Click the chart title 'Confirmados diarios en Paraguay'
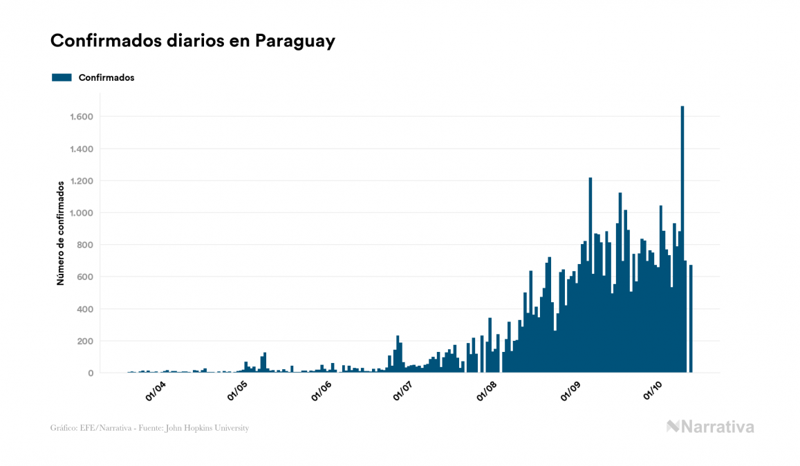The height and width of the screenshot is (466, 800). click(193, 41)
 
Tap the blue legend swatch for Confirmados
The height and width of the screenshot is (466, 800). click(62, 77)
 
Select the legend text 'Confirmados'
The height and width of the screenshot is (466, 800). click(106, 77)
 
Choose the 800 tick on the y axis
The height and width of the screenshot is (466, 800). click(84, 245)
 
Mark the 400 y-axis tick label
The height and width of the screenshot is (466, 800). click(84, 309)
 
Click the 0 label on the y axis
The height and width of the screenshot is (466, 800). click(90, 373)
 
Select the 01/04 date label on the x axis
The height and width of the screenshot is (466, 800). click(156, 391)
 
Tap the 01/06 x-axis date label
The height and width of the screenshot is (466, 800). click(322, 391)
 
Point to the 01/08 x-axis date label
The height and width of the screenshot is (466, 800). click(487, 391)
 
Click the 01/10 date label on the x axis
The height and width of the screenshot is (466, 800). click(653, 391)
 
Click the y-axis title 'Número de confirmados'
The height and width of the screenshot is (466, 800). click(60, 233)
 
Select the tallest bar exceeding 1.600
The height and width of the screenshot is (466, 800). click(682, 242)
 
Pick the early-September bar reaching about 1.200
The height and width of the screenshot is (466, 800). click(590, 277)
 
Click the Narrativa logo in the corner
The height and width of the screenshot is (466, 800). click(710, 427)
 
